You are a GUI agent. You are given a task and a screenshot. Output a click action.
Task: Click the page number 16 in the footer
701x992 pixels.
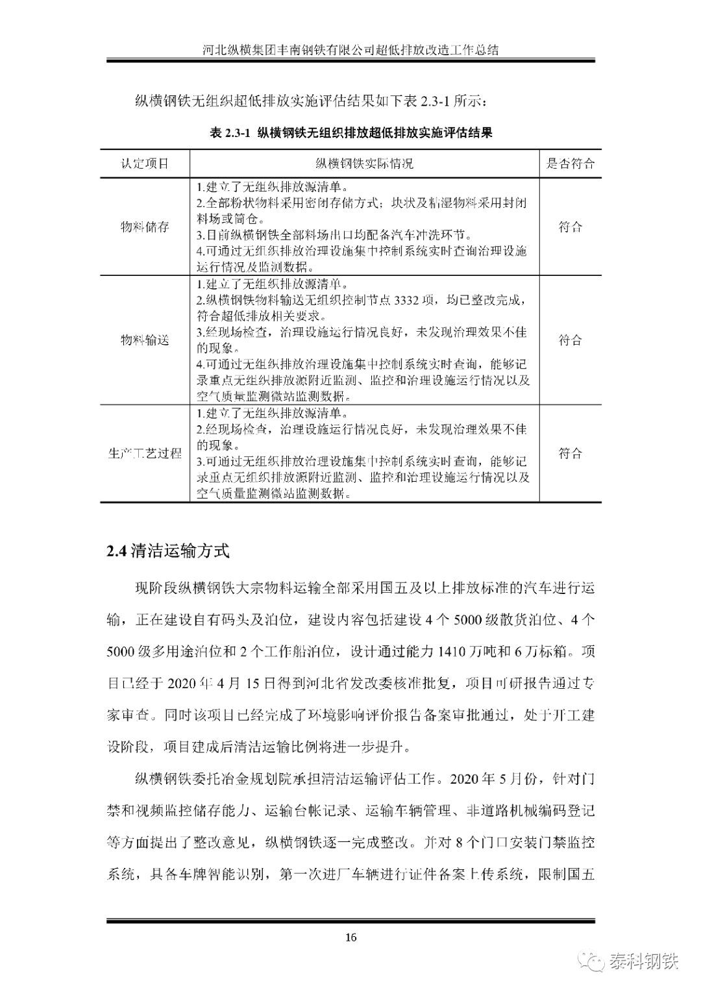pyautogui.click(x=350, y=937)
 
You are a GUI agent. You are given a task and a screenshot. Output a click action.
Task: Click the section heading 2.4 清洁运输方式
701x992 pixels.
pyautogui.click(x=168, y=552)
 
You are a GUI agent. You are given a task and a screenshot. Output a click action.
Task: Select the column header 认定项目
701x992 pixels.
pyautogui.click(x=145, y=164)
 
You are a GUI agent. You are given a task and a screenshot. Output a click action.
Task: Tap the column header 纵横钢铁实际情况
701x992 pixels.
pyautogui.click(x=364, y=164)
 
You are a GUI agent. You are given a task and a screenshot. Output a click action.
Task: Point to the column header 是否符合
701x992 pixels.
pyautogui.click(x=570, y=164)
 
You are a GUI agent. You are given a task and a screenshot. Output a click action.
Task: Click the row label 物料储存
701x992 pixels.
pyautogui.click(x=145, y=227)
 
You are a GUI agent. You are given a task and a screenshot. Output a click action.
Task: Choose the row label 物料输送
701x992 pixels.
pyautogui.click(x=145, y=340)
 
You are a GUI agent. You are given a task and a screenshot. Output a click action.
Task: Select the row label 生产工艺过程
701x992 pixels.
pyautogui.click(x=145, y=453)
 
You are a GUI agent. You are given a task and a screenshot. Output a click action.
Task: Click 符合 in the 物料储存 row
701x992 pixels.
pyautogui.click(x=570, y=227)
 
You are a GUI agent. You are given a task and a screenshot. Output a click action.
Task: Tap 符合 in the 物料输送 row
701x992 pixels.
pyautogui.click(x=570, y=340)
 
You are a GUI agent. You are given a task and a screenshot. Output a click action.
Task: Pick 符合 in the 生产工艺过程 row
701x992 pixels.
pyautogui.click(x=570, y=453)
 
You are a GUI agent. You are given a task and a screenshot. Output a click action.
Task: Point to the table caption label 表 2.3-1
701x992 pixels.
pyautogui.click(x=230, y=133)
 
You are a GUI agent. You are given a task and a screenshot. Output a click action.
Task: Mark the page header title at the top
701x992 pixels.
pyautogui.click(x=350, y=49)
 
